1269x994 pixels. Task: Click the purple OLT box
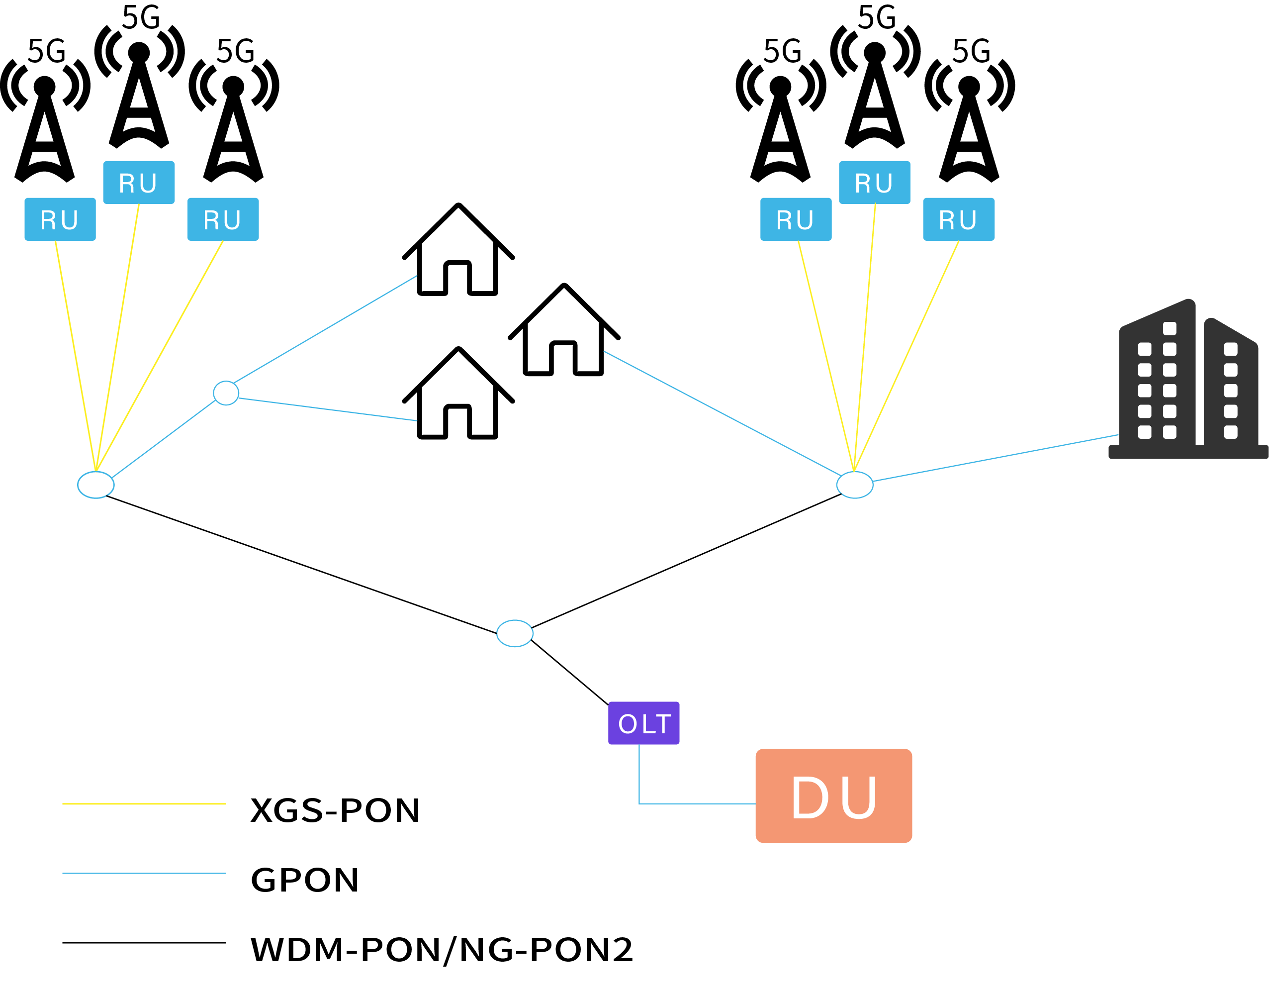pos(643,723)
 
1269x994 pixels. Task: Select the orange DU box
pos(833,795)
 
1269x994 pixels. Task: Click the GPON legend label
pos(304,880)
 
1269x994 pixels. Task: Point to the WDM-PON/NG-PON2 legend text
pos(441,950)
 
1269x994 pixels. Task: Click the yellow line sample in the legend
pos(144,803)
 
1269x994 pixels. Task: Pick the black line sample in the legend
pos(144,942)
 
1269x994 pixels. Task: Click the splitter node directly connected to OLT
pos(514,633)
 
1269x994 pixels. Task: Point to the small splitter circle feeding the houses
pos(226,393)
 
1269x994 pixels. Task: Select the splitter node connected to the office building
pos(854,485)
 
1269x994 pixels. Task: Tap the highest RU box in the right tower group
pos(874,182)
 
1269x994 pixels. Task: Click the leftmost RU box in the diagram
pos(60,219)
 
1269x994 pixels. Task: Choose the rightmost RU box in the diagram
pos(958,219)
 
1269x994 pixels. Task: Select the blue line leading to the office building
pos(995,459)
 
